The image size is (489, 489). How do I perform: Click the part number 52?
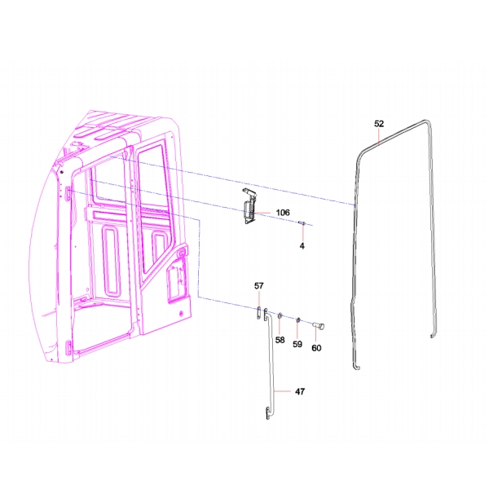(379, 124)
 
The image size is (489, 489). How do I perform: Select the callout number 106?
(282, 213)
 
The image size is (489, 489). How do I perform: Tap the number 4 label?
(302, 244)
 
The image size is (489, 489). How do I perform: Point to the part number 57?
(259, 286)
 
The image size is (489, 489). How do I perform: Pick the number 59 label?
(297, 345)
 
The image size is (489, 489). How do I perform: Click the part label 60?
(316, 349)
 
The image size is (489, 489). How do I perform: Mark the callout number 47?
(300, 392)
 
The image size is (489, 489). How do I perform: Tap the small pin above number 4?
(301, 223)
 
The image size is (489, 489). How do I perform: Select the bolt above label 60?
(318, 327)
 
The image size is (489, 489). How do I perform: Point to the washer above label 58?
(280, 315)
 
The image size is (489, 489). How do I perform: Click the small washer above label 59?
(298, 319)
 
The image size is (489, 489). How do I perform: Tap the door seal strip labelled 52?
(356, 244)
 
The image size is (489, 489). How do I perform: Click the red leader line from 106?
(265, 213)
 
